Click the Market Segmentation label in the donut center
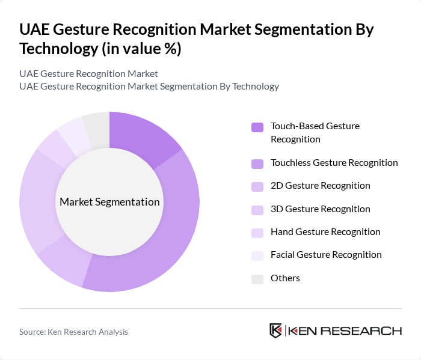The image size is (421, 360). click(109, 202)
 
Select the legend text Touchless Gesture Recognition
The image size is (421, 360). click(334, 162)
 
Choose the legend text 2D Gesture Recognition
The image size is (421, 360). click(320, 185)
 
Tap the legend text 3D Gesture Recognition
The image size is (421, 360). click(320, 209)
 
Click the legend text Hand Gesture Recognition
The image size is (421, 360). click(325, 231)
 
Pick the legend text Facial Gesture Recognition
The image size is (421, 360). click(326, 254)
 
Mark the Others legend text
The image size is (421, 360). click(285, 278)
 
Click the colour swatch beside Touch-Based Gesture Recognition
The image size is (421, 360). click(257, 127)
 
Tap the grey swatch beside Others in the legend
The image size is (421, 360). click(257, 278)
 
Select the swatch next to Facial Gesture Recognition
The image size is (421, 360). click(257, 255)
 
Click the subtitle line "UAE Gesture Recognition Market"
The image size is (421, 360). click(88, 73)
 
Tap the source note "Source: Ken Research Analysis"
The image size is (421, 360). click(73, 332)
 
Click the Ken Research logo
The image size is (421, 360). click(335, 331)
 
